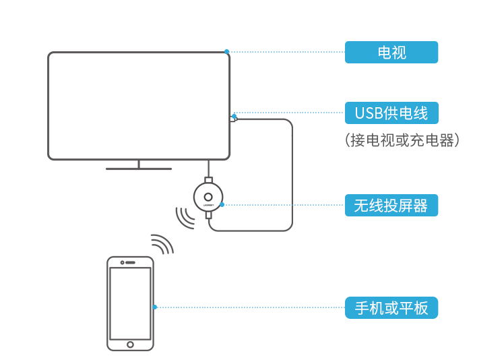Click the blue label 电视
391,52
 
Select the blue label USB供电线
391,113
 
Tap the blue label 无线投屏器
391,204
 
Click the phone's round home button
130,344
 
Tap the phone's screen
130,303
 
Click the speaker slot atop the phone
130,262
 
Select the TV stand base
139,168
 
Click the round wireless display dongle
208,198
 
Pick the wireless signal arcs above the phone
162,244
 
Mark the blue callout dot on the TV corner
227,51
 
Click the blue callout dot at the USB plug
234,115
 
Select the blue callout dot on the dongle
222,204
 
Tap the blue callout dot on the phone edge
154,307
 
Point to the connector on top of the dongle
208,180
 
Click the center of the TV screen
139,106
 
